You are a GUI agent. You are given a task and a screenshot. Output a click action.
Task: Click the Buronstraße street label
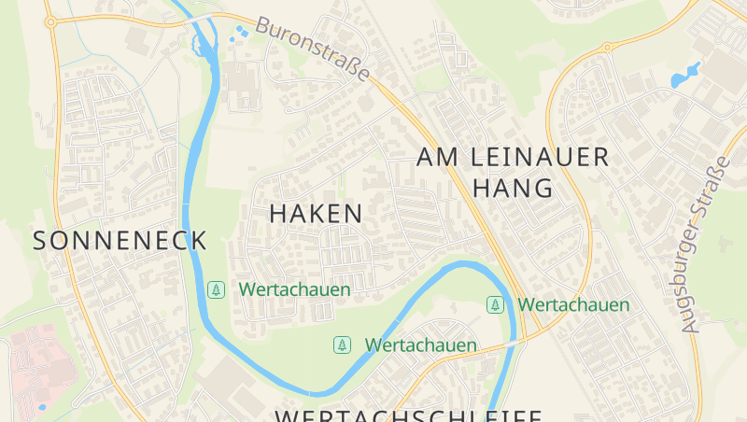tap(313, 49)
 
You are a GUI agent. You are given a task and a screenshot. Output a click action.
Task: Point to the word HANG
tap(513, 188)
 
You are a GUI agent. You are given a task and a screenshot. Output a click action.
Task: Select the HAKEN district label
tap(316, 213)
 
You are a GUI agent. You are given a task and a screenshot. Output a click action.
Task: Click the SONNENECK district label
tap(120, 240)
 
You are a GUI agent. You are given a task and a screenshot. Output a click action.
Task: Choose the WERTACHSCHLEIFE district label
tap(408, 415)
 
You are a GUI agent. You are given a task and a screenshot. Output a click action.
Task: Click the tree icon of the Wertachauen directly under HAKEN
tap(216, 289)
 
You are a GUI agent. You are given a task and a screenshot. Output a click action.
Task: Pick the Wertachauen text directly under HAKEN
tap(294, 289)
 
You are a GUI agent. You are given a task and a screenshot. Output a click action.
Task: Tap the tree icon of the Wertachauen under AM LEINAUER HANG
tap(495, 304)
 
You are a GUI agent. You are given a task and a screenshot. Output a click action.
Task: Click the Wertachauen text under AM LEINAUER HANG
tap(573, 304)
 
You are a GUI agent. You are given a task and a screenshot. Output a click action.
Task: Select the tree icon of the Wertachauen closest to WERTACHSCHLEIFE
tap(343, 345)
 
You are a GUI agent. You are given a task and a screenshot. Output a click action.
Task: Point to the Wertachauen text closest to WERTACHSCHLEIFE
tap(420, 345)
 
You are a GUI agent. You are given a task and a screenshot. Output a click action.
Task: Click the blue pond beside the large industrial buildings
tap(685, 75)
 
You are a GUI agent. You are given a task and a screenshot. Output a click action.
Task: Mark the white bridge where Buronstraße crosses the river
tap(201, 17)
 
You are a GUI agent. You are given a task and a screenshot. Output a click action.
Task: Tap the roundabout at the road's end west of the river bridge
tap(50, 21)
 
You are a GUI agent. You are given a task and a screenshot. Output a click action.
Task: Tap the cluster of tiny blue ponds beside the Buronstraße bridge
tap(240, 34)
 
